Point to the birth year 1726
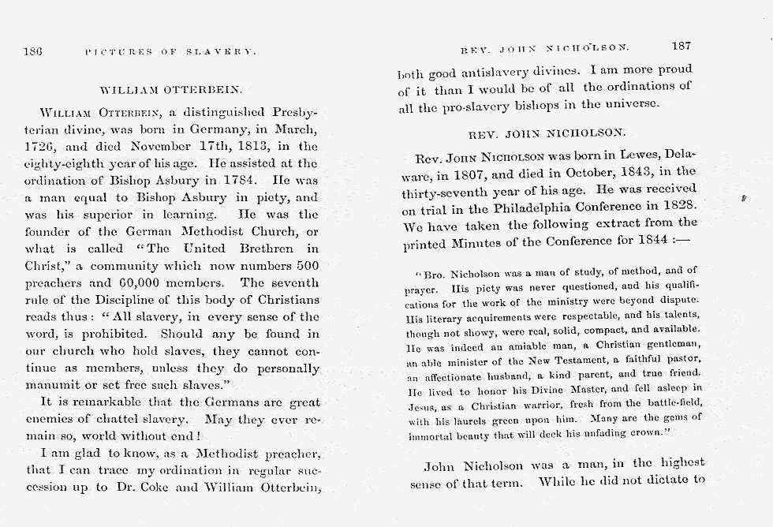pyautogui.click(x=39, y=146)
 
